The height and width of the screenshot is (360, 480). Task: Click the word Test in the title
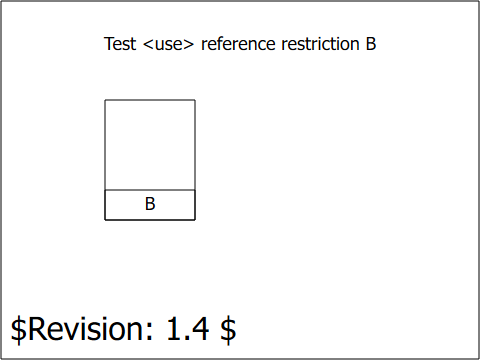(120, 44)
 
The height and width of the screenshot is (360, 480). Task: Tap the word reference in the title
(238, 44)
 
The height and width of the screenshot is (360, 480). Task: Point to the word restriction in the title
(320, 44)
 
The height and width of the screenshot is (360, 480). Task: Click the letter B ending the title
(371, 44)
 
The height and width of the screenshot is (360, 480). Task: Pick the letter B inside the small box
(150, 204)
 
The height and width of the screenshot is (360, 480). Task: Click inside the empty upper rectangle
(150, 145)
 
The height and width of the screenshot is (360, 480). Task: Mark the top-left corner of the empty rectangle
(105, 100)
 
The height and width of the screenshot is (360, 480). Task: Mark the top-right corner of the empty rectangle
(195, 100)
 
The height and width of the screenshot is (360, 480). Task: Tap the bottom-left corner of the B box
(105, 220)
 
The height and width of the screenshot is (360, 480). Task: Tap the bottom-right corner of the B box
(195, 220)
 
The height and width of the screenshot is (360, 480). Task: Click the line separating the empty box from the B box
(150, 190)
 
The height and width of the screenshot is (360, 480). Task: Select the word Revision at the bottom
(87, 328)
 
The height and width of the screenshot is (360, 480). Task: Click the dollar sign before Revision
(18, 329)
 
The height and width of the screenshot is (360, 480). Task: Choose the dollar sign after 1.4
(228, 329)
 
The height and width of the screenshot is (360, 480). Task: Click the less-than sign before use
(148, 44)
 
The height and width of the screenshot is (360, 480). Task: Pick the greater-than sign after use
(188, 44)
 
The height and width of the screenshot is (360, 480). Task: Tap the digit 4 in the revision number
(200, 328)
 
